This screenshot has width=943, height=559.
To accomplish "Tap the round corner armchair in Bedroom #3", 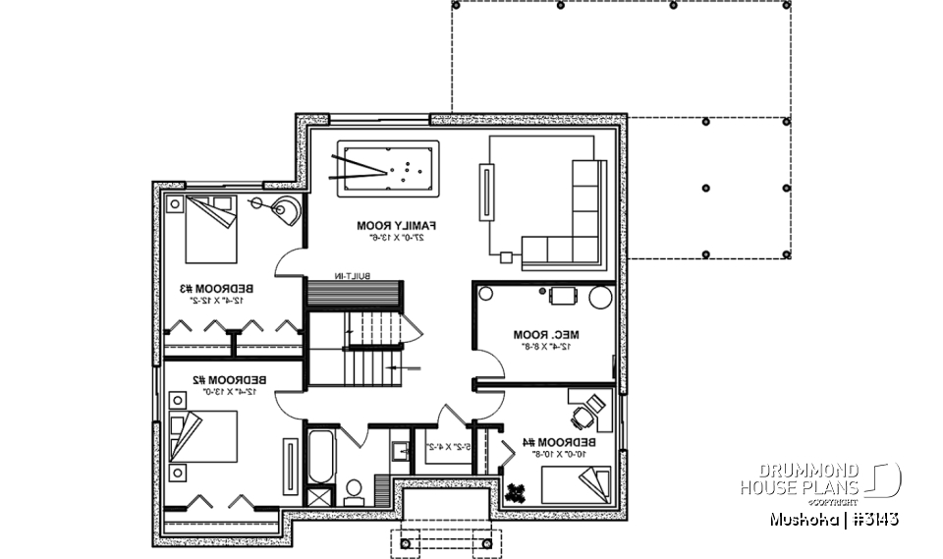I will [x=286, y=210].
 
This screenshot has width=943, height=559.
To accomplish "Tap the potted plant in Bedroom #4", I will [x=517, y=488].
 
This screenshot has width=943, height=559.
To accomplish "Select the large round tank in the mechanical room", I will [x=599, y=295].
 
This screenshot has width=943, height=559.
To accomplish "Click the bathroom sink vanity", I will [x=400, y=452].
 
